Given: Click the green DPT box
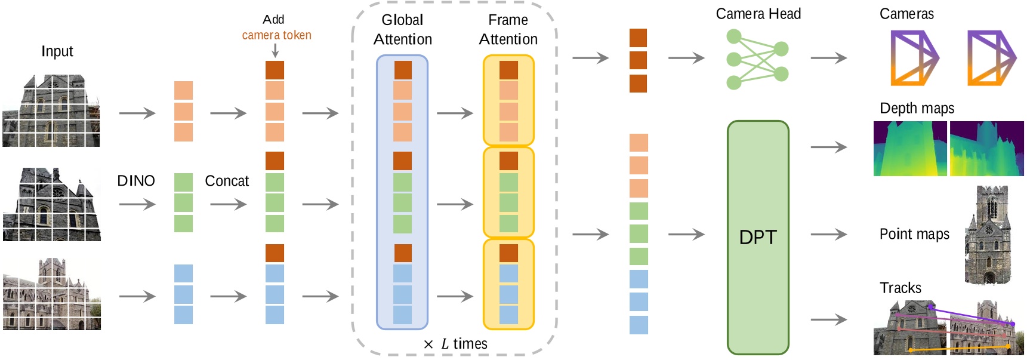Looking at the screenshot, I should (x=757, y=237).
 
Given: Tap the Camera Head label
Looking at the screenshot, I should (x=758, y=14).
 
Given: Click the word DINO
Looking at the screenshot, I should (x=135, y=181).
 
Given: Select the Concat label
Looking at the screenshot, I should (x=226, y=181).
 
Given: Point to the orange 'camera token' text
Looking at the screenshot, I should (x=276, y=35).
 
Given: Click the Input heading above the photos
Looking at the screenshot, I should (x=57, y=51).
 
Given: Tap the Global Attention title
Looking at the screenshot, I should (x=402, y=29).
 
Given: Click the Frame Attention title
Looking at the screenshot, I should (x=508, y=29).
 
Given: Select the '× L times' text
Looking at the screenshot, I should (x=455, y=344).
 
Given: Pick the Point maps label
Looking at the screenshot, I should (x=914, y=234).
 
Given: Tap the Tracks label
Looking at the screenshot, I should (x=900, y=288).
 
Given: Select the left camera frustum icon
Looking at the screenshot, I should (x=914, y=58).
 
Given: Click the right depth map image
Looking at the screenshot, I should (x=986, y=148).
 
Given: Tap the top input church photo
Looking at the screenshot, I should (x=51, y=110).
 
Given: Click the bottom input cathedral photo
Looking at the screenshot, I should (x=51, y=294).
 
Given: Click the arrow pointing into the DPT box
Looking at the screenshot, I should (x=686, y=235).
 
